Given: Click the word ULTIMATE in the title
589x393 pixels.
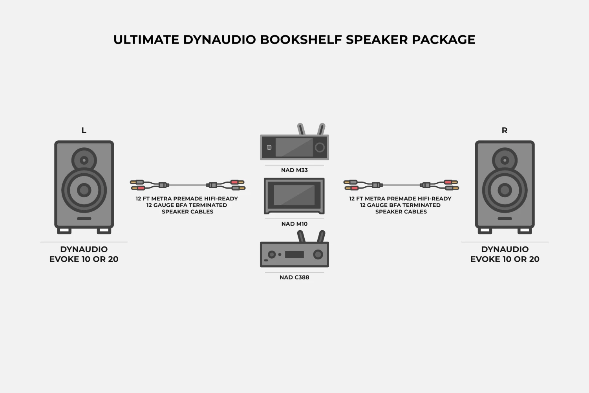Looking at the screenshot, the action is (146, 40).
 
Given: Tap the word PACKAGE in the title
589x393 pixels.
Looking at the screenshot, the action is (444, 40).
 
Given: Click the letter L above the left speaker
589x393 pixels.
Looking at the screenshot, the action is (84, 130).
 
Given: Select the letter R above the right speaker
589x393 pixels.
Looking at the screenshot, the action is (505, 130).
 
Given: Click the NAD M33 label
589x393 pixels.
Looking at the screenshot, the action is (294, 170).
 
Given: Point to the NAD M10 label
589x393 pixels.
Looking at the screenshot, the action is (294, 224).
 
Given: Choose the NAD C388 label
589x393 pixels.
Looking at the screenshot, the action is (294, 277).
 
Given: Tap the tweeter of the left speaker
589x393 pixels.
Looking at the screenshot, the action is (84, 160).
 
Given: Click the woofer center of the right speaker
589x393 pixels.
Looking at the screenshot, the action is (505, 190).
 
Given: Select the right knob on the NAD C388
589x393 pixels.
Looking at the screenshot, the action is (318, 255).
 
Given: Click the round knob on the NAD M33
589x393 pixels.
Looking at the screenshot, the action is (320, 147).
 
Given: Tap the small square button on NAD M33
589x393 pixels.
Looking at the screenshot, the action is (269, 147).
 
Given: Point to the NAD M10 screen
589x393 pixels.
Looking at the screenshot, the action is (294, 195).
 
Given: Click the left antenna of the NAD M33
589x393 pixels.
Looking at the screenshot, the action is (301, 129).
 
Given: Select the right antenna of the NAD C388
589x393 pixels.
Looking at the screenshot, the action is (321, 236).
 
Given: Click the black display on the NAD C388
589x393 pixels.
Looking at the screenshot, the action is (294, 255).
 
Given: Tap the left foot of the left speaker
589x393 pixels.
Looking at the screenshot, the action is (64, 231).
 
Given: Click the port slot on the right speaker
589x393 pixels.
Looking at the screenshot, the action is (505, 219).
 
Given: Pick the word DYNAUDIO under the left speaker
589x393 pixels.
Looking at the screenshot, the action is (84, 249).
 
